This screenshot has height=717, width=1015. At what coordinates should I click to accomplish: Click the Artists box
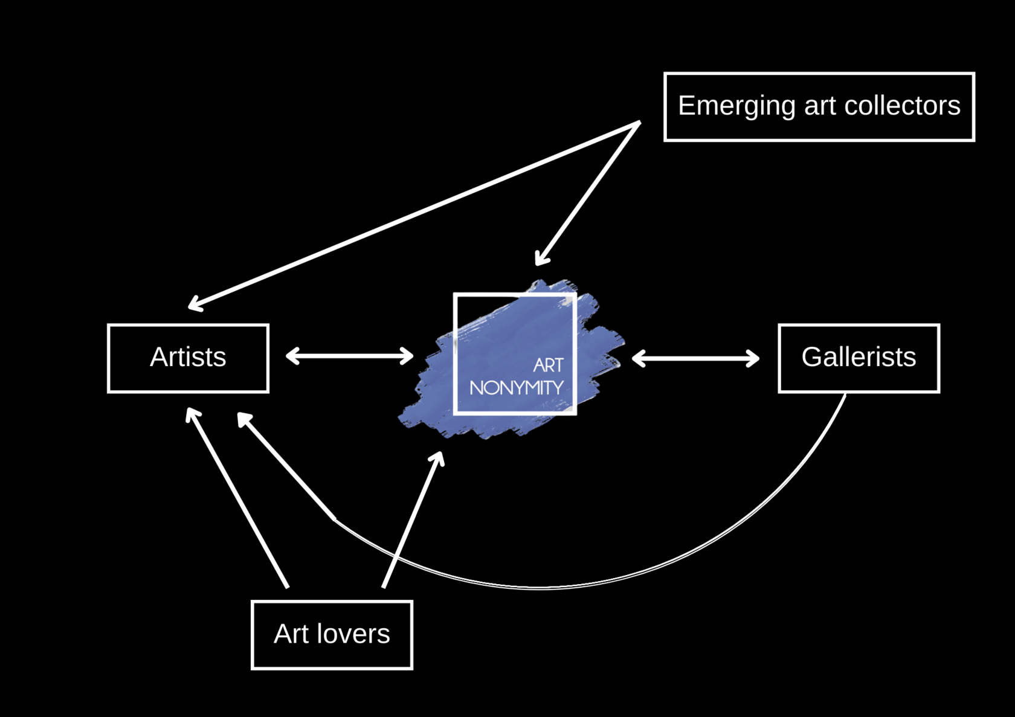(188, 358)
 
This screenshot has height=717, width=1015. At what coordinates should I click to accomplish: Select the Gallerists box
(859, 358)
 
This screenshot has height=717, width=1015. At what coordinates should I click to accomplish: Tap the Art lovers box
(332, 635)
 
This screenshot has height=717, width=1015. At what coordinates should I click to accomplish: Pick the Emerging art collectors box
(819, 107)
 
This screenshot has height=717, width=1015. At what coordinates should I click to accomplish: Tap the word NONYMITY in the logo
(517, 388)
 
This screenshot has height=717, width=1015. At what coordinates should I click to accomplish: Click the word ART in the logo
(548, 365)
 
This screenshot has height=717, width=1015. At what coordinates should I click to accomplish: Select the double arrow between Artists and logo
(349, 356)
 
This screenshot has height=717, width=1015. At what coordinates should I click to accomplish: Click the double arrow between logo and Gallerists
(695, 358)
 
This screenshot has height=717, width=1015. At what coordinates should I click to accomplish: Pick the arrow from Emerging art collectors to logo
(589, 192)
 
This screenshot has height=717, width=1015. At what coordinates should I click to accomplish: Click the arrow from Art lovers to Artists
(237, 497)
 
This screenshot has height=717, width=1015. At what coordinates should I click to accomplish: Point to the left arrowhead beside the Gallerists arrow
(638, 358)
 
